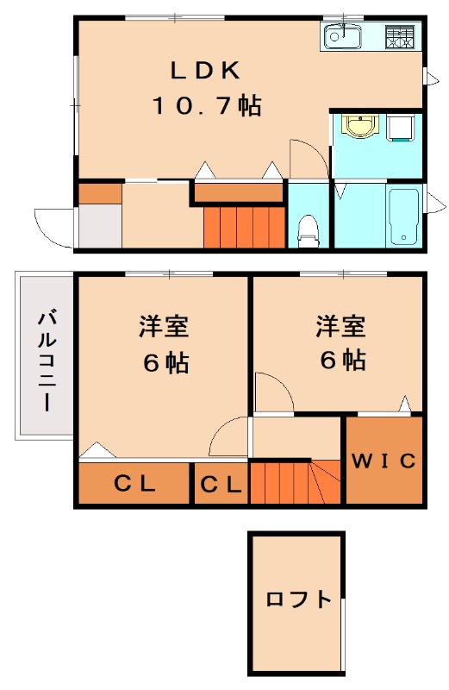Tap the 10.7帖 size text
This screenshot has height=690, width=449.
[x=207, y=106]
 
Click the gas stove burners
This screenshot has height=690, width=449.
[x=399, y=37]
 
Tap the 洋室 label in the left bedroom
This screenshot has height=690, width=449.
[x=164, y=327]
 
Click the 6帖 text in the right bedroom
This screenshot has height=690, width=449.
[x=340, y=359]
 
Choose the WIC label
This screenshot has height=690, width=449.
[x=384, y=461]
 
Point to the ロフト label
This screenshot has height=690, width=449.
[x=298, y=599]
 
